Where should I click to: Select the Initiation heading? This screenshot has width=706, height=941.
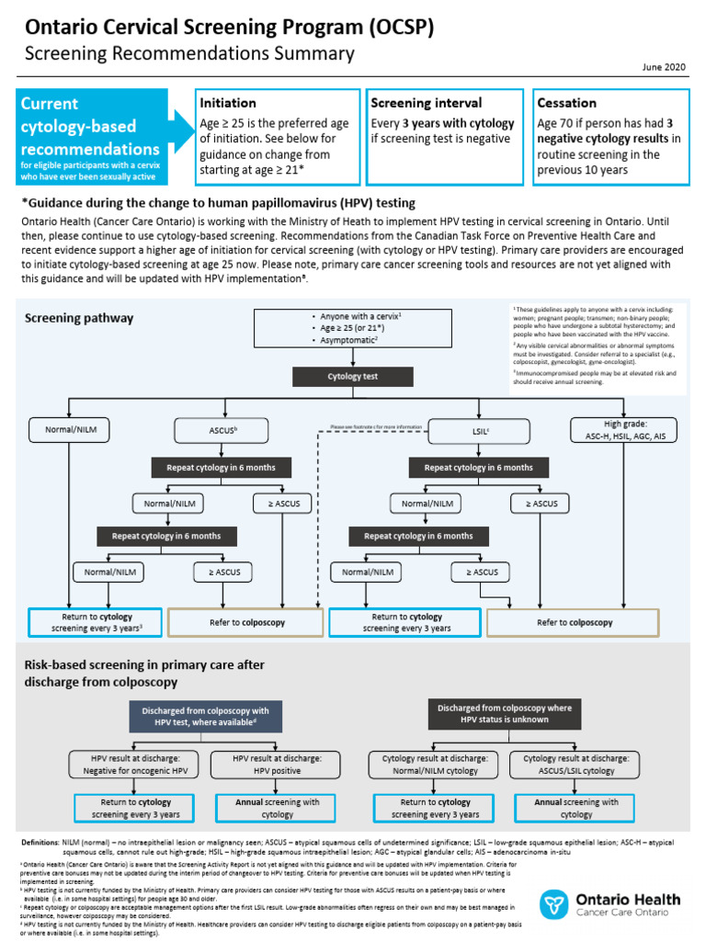pyautogui.click(x=228, y=103)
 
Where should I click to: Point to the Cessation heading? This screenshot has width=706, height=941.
pyautogui.click(x=566, y=103)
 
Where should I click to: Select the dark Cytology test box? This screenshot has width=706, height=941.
pyautogui.click(x=353, y=376)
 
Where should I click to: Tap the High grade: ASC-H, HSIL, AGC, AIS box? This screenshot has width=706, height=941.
pyautogui.click(x=623, y=429)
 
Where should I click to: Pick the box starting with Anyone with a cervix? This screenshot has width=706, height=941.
pyautogui.click(x=353, y=327)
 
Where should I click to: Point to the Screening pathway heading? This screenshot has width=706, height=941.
pyautogui.click(x=79, y=319)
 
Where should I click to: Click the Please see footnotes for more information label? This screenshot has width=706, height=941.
pyautogui.click(x=377, y=427)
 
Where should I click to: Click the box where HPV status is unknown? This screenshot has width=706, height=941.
pyautogui.click(x=504, y=713)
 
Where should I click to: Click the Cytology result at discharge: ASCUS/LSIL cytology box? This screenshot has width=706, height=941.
pyautogui.click(x=576, y=765)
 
